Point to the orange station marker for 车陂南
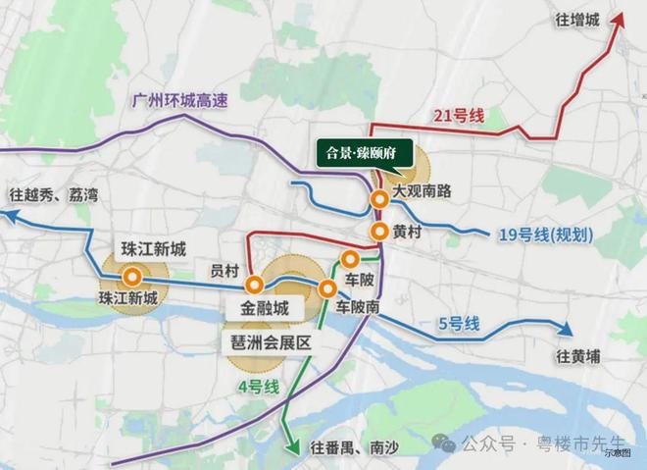coord(328,288)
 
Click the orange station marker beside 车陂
coord(348,259)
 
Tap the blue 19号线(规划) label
coord(537,235)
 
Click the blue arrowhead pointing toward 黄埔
coord(566,330)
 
